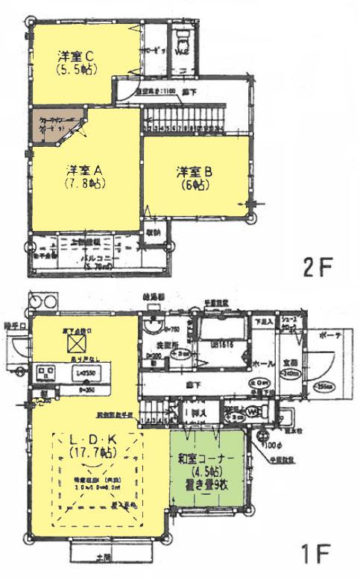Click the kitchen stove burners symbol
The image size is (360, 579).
coord(44,370)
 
